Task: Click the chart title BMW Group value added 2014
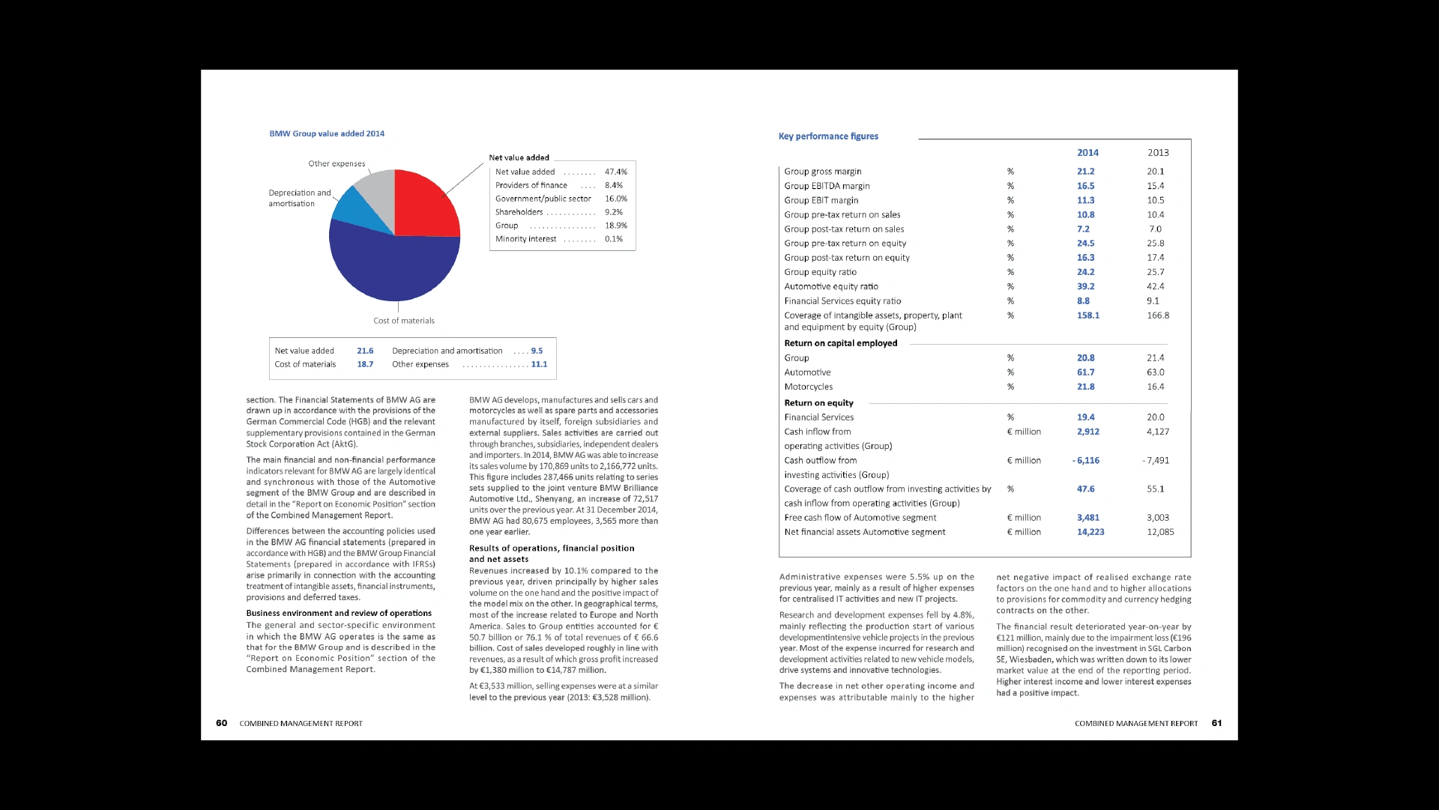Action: click(x=327, y=133)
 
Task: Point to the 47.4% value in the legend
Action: click(x=615, y=172)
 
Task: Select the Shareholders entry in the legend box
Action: click(x=519, y=212)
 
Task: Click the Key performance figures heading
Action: click(x=828, y=136)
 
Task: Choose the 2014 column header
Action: click(x=1087, y=153)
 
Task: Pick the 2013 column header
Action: click(x=1158, y=153)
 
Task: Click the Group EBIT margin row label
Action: click(x=821, y=200)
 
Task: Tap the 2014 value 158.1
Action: click(x=1087, y=315)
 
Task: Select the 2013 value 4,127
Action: click(x=1157, y=432)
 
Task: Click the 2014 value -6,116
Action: click(x=1086, y=460)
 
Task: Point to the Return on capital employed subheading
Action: click(x=840, y=343)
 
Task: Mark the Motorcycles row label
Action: click(x=808, y=387)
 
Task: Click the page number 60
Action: click(x=221, y=723)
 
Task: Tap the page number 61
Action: click(x=1216, y=723)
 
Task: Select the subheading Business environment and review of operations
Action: click(x=339, y=613)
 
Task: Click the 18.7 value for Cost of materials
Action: click(x=365, y=364)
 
